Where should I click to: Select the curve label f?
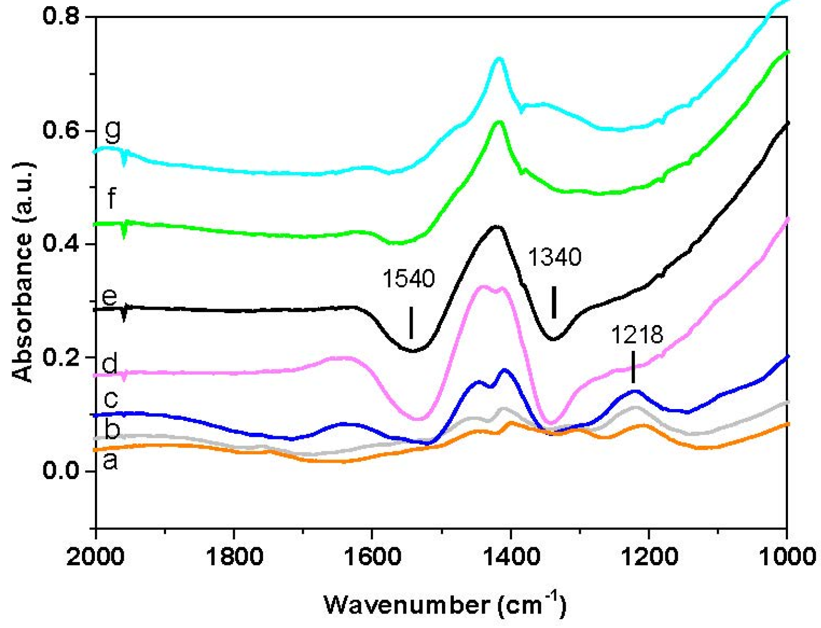(111, 198)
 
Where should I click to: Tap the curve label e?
(110, 297)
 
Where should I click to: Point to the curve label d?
(110, 364)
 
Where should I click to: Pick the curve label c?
(111, 398)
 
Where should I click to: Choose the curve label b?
(112, 429)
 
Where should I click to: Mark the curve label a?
(110, 460)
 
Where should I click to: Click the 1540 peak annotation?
(408, 279)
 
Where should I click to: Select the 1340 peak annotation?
(554, 257)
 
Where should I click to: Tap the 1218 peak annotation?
(637, 335)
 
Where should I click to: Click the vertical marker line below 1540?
(411, 323)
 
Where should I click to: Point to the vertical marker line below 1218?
(633, 367)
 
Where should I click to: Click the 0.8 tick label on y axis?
(61, 16)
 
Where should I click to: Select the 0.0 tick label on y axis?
(61, 470)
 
